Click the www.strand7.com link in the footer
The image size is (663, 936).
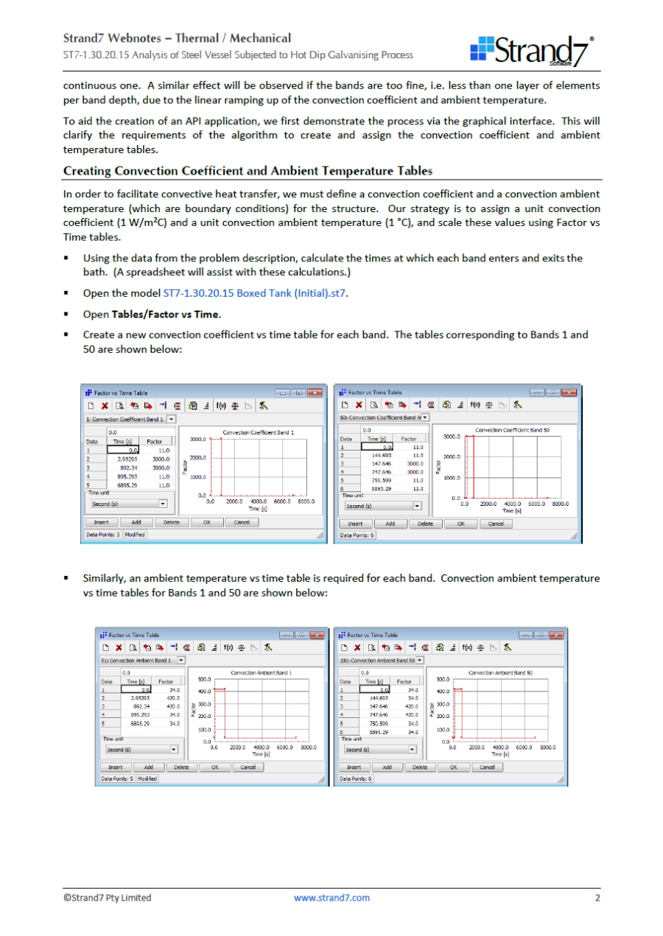coord(331,898)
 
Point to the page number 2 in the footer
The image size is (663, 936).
coord(598,898)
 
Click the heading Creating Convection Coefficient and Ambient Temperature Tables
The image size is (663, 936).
coord(248,171)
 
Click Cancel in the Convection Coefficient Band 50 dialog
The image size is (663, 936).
coord(496,524)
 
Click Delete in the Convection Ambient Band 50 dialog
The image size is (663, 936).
coord(419,767)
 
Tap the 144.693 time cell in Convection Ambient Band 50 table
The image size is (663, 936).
coord(379,697)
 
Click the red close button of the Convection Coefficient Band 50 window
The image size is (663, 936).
coord(567,393)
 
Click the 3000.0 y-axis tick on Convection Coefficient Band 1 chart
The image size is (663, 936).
coord(197,440)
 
